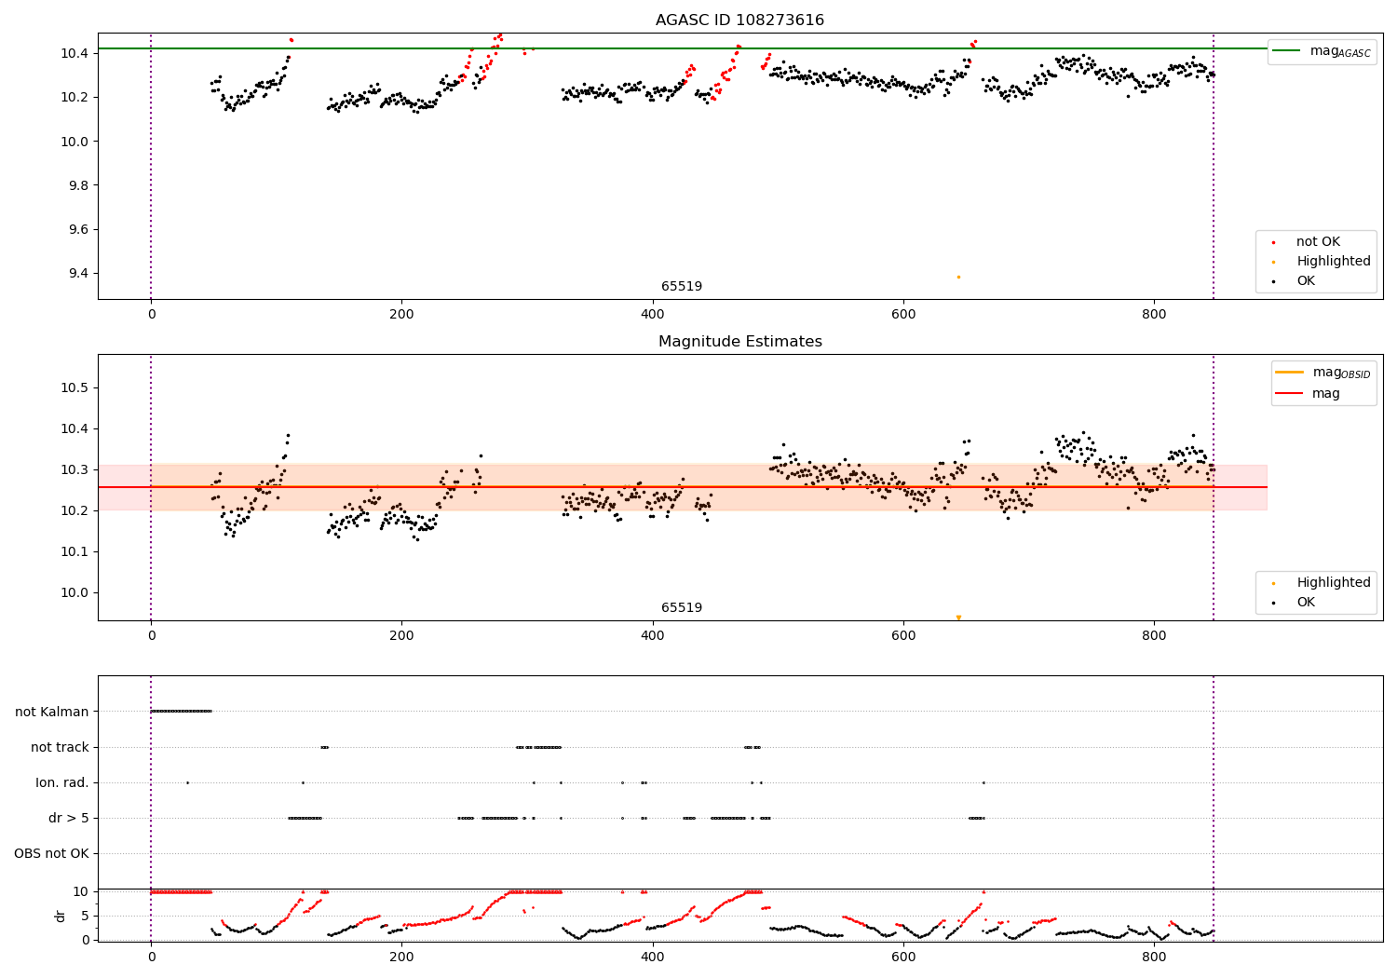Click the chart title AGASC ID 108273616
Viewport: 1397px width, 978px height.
(739, 20)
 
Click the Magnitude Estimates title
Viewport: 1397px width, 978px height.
(739, 342)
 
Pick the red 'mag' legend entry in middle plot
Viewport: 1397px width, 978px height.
(1325, 393)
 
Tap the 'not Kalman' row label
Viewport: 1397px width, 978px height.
(52, 712)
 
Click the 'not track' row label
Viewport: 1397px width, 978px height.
(60, 747)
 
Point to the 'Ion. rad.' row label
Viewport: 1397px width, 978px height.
(62, 782)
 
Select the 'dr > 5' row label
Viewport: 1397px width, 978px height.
(69, 818)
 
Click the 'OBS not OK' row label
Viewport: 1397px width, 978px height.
(52, 853)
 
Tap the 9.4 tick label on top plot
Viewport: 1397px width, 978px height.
(75, 273)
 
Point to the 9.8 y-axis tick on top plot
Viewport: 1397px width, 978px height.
(75, 185)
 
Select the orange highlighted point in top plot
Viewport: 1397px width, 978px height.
(958, 277)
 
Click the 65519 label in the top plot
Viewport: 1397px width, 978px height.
(682, 287)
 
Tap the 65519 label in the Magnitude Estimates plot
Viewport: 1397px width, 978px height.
(682, 608)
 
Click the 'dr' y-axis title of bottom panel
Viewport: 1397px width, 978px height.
(61, 916)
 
